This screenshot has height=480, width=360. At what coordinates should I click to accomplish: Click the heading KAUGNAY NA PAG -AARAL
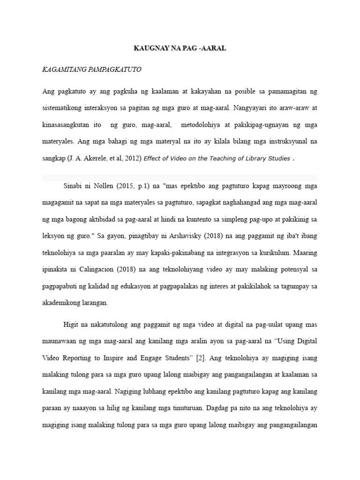(180, 48)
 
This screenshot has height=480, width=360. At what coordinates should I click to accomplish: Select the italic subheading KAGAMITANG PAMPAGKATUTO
(91, 69)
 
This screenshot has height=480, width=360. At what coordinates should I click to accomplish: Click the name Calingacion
(103, 269)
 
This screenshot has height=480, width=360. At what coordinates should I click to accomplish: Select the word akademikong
(62, 302)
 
